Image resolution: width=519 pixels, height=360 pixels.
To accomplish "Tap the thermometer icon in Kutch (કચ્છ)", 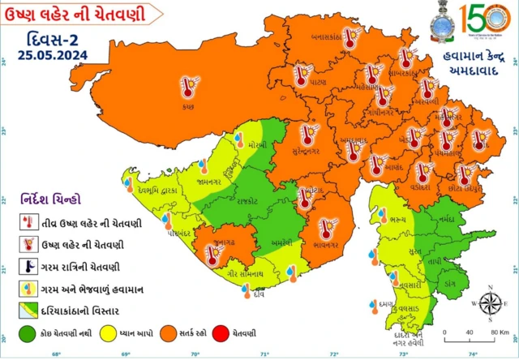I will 191,86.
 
